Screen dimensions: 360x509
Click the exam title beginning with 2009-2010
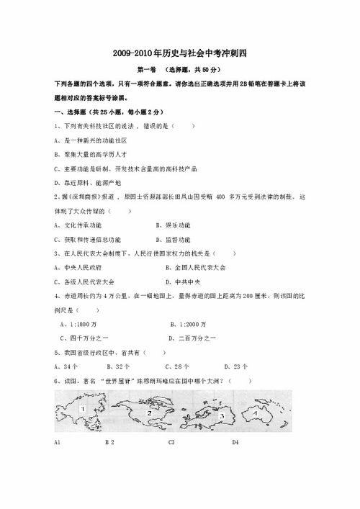pyautogui.click(x=180, y=54)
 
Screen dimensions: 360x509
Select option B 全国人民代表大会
pyautogui.click(x=195, y=267)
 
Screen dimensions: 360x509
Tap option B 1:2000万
pyautogui.click(x=188, y=323)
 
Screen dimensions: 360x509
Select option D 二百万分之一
pyautogui.click(x=193, y=338)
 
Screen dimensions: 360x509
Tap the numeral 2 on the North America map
pyautogui.click(x=148, y=413)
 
